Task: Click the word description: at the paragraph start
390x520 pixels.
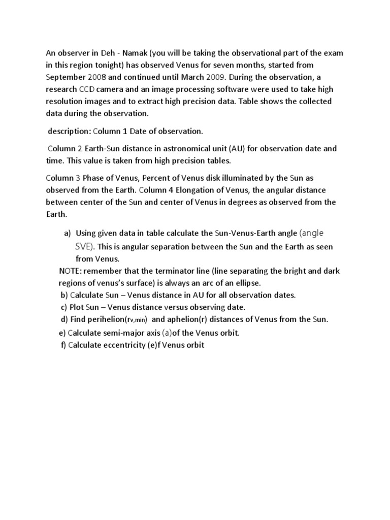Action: pyautogui.click(x=69, y=131)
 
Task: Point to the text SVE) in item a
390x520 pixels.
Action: pyautogui.click(x=82, y=246)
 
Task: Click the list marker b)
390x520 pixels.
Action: pyautogui.click(x=63, y=295)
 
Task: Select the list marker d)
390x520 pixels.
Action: pyautogui.click(x=63, y=319)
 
